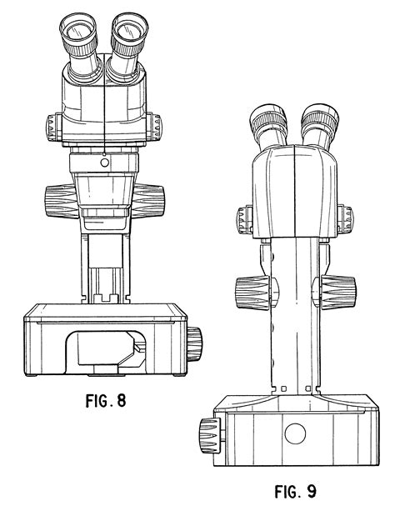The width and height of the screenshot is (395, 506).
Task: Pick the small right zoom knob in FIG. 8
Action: [x=155, y=128]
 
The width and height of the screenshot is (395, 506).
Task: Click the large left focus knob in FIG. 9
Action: [x=247, y=293]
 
